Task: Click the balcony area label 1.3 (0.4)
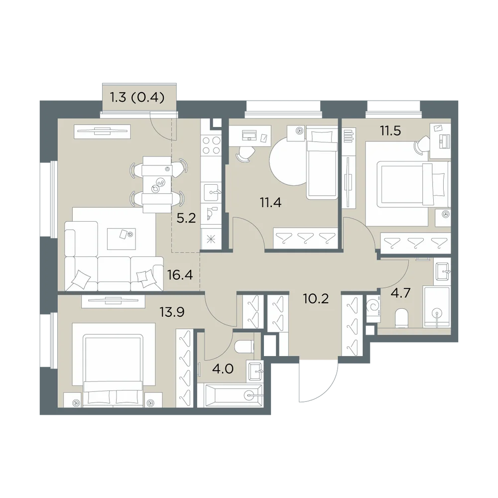(x=137, y=98)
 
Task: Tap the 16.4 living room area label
(x=180, y=275)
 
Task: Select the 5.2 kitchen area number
(x=186, y=218)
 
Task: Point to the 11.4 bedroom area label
(x=270, y=202)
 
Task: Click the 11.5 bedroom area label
(x=390, y=130)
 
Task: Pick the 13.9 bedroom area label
(x=172, y=312)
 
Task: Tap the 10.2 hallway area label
(x=316, y=298)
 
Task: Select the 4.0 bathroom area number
(x=223, y=369)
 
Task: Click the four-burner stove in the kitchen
(x=211, y=145)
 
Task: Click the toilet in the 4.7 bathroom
(x=403, y=318)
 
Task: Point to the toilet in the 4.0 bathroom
(x=244, y=347)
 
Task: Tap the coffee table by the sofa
(x=122, y=239)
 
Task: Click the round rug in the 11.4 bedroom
(x=288, y=162)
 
